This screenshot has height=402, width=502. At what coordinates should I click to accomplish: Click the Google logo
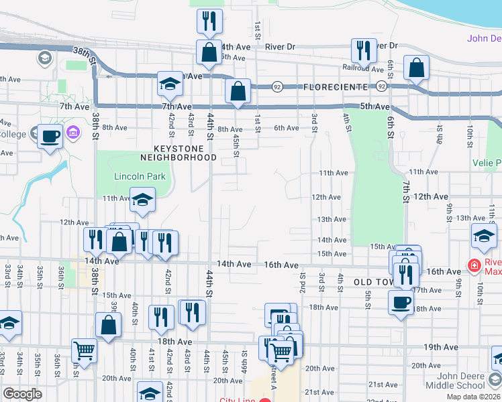click(x=22, y=394)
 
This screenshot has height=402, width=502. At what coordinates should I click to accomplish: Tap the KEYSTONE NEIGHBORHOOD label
click(x=178, y=153)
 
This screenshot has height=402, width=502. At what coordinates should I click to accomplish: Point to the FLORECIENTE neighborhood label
click(x=335, y=87)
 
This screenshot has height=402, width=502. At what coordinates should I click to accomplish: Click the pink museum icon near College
click(x=73, y=133)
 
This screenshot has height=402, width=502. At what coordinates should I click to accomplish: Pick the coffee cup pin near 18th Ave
click(x=401, y=302)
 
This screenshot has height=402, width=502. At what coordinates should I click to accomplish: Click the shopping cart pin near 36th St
click(x=85, y=350)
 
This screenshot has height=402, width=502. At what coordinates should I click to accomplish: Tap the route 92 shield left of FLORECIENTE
click(x=277, y=87)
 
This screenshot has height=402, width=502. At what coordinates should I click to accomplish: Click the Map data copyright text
click(x=474, y=397)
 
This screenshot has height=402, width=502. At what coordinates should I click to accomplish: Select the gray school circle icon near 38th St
click(x=45, y=58)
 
